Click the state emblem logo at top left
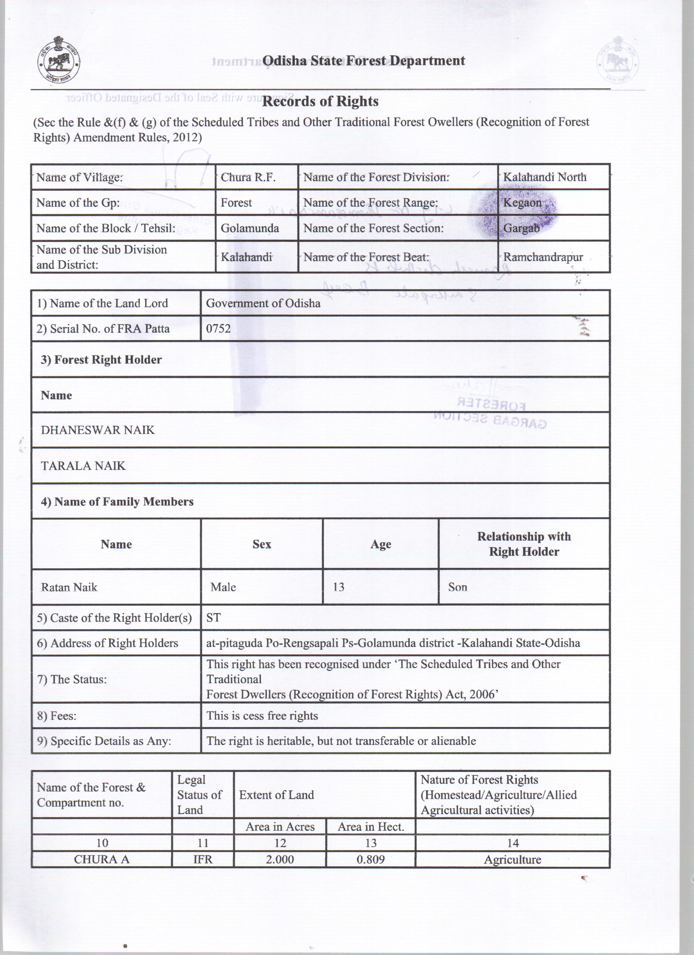click(59, 64)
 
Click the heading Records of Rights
click(320, 101)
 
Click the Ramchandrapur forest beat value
click(543, 257)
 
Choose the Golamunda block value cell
click(250, 228)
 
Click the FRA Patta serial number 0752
click(218, 328)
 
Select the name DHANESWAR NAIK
click(98, 430)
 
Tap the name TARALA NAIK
click(83, 466)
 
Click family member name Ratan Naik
click(69, 587)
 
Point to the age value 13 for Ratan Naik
click(339, 587)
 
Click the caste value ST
click(213, 618)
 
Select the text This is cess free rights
click(262, 716)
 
